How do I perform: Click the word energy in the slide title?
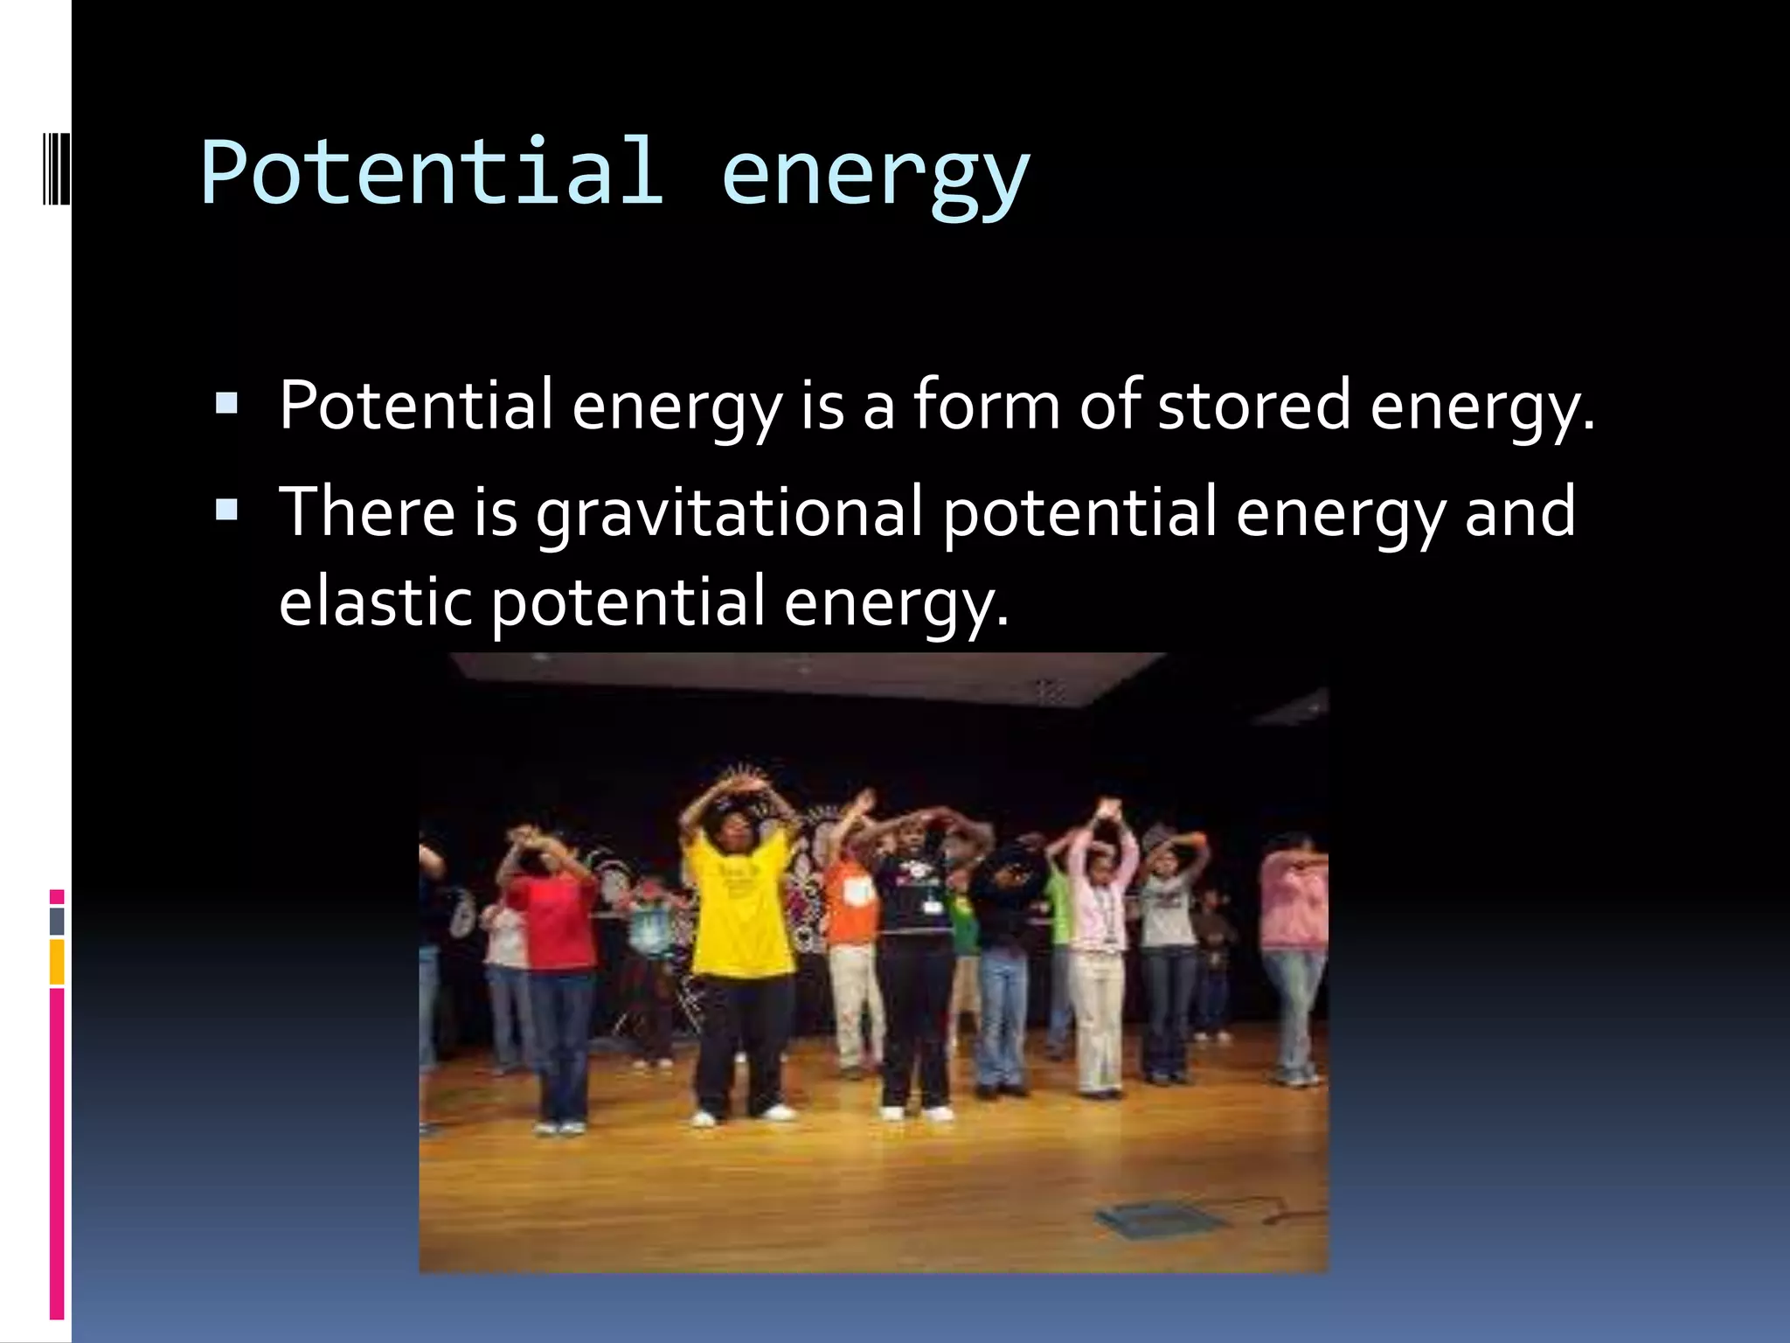point(875,175)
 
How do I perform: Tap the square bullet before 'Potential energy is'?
point(226,403)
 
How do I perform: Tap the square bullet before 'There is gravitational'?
point(226,509)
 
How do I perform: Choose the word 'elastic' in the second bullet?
point(375,602)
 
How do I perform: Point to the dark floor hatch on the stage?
point(1157,1219)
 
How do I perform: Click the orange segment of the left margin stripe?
point(57,962)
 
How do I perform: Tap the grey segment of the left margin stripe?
point(57,922)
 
